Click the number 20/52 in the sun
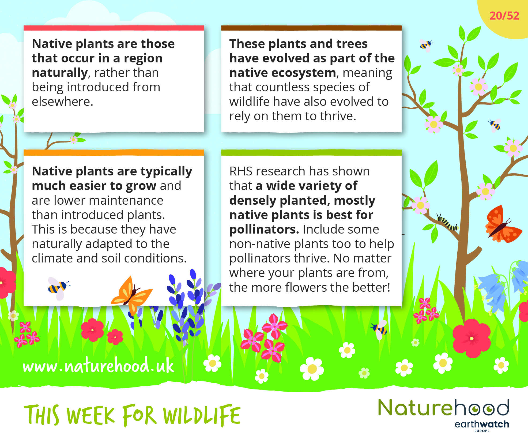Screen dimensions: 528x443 click(x=504, y=16)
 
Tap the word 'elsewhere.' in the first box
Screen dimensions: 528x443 click(x=62, y=102)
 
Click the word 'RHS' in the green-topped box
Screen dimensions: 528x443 click(x=240, y=171)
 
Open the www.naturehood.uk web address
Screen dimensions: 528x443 click(x=99, y=365)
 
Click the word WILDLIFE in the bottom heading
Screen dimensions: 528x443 click(x=202, y=415)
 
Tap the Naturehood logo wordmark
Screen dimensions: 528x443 click(x=443, y=408)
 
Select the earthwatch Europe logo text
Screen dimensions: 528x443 click(x=482, y=426)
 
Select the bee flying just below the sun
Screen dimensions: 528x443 click(x=426, y=45)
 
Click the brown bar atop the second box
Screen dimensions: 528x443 click(x=311, y=28)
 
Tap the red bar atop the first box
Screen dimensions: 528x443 click(x=114, y=28)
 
